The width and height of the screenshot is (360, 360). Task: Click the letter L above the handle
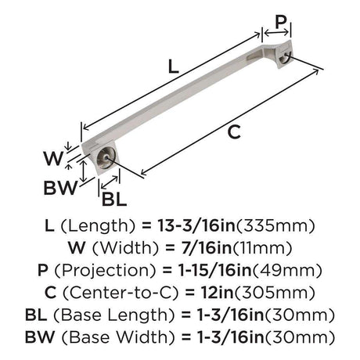click(174, 67)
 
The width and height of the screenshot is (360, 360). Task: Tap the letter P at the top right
click(281, 22)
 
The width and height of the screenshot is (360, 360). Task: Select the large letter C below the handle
click(234, 132)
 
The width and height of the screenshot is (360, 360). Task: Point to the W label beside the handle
click(53, 158)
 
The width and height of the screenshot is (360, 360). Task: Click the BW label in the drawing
click(60, 188)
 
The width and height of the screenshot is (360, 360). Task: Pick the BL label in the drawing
click(114, 200)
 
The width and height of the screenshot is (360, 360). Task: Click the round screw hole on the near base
click(106, 157)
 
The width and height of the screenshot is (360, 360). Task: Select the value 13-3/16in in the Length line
click(196, 225)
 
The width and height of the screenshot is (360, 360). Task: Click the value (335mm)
click(275, 226)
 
